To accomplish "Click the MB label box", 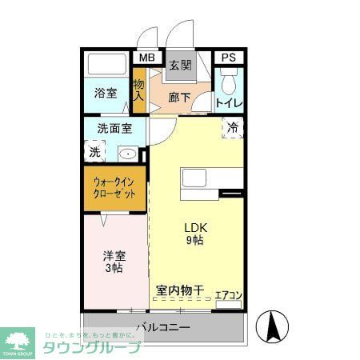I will point(146,58).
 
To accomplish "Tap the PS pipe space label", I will point(227,58).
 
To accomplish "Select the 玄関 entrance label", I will point(181,66).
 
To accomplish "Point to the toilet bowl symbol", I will point(229,82).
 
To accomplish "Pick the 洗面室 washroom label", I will point(114,127).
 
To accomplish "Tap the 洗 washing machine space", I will point(94,150).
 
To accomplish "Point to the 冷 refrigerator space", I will point(233,128).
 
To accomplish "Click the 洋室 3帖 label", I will point(113,262).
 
